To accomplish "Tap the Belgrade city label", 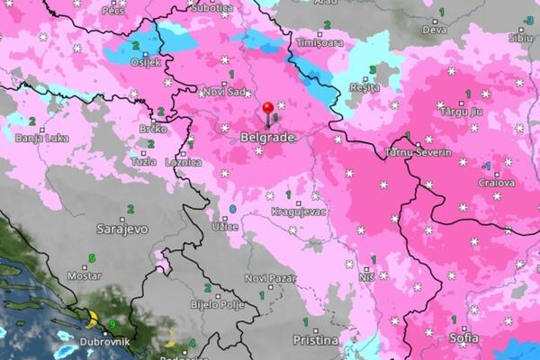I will click(x=267, y=138).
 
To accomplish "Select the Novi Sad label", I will click(x=224, y=92).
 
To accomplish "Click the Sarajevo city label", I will click(x=122, y=229).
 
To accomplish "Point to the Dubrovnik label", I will click(x=104, y=342).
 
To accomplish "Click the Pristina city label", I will click(x=316, y=340).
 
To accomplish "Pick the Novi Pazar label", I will click(x=270, y=278).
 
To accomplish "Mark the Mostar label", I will click(x=85, y=275).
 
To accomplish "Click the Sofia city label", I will click(x=464, y=338).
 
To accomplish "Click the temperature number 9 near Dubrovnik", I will click(x=112, y=324).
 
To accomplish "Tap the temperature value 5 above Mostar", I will click(x=91, y=259).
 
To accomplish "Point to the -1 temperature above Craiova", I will click(x=486, y=166).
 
